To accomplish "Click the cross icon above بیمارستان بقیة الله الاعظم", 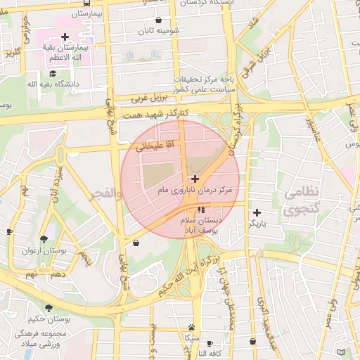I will tap(65, 37).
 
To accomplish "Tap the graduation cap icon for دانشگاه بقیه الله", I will tap(53, 72).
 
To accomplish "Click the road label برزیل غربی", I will tap(149, 96).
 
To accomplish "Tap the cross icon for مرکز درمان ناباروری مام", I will tap(195, 179).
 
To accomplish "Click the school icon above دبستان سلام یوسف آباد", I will tap(202, 210).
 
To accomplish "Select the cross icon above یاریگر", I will tap(257, 212).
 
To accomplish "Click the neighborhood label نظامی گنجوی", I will tap(302, 200).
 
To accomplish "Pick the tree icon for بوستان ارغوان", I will tap(45, 239).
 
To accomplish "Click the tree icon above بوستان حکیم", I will tap(49, 308).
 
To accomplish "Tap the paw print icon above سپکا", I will tap(191, 327).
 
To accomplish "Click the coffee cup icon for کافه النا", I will tap(210, 343).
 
